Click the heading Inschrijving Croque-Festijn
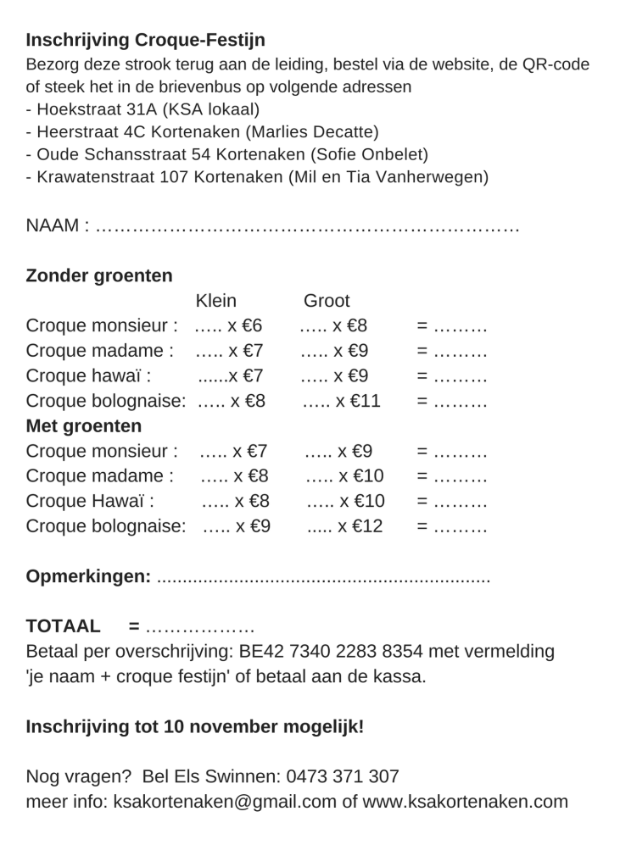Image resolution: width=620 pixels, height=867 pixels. click(146, 40)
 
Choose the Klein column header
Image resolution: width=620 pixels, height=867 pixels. click(215, 302)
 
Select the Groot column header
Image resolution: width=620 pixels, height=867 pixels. click(327, 302)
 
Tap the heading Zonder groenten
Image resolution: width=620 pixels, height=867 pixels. click(99, 276)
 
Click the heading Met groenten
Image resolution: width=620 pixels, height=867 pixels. click(84, 425)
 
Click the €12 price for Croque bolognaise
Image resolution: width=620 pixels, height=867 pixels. click(362, 526)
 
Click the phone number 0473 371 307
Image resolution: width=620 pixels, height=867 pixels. click(343, 776)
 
